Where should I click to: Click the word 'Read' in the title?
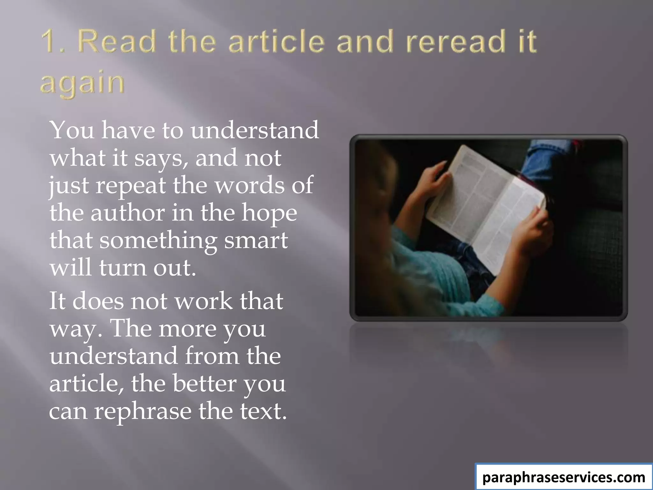coord(117,41)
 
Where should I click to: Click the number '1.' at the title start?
coord(53,41)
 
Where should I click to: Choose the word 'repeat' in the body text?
coord(131,186)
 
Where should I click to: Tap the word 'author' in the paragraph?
coord(128,213)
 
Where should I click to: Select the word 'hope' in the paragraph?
coord(269,213)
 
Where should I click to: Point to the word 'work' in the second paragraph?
coord(204,301)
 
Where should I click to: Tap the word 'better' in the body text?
coord(204,383)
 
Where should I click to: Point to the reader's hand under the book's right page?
coord(536,233)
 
